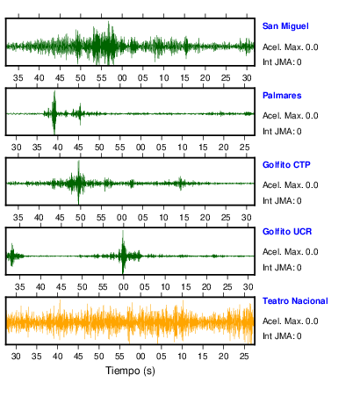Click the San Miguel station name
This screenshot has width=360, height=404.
[x=285, y=26]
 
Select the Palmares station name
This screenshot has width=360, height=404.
[x=282, y=96]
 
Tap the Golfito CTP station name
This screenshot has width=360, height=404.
[x=286, y=165]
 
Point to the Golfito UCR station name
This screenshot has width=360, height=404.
[x=287, y=232]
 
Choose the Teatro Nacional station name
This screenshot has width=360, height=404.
[x=295, y=301]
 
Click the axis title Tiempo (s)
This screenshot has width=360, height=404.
[x=130, y=371]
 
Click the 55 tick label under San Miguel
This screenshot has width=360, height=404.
[x=101, y=78]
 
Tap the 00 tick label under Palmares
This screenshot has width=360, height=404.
[x=140, y=148]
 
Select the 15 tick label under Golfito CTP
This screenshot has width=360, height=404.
[x=184, y=218]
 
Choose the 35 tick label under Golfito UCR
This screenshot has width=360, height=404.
[x=19, y=287]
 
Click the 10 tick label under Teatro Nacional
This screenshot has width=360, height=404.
[x=182, y=357]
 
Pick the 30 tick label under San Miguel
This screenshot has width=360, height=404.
[x=247, y=78]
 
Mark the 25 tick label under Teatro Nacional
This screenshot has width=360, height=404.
[x=244, y=357]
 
